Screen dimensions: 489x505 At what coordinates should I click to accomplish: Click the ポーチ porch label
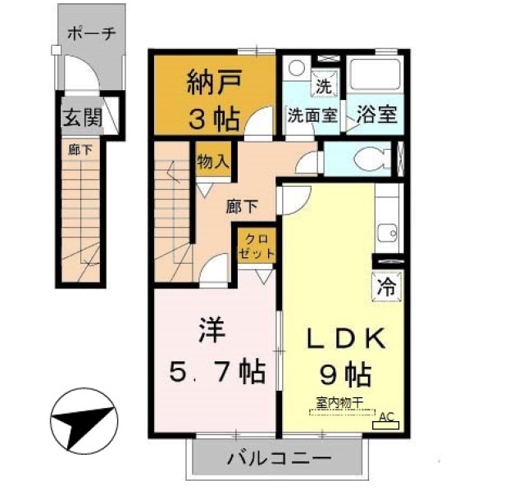91,35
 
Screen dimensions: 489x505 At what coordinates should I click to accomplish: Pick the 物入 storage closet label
212,161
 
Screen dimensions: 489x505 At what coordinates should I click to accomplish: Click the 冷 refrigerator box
385,288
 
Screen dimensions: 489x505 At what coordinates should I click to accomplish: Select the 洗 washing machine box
324,83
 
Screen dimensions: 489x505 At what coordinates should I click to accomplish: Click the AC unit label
386,416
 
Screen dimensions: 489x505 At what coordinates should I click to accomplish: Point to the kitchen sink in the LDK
387,232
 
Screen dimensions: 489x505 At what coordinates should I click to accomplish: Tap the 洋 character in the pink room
207,333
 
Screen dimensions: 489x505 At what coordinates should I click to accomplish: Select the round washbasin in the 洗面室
297,68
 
